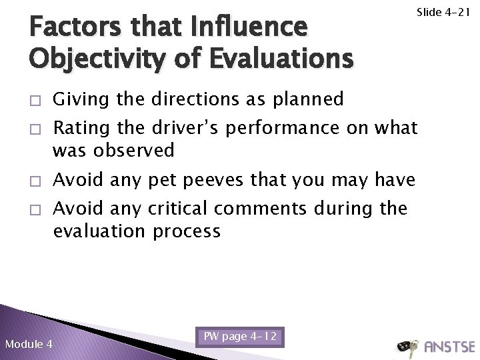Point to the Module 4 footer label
tap(29, 345)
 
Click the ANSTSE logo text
tap(449, 347)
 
